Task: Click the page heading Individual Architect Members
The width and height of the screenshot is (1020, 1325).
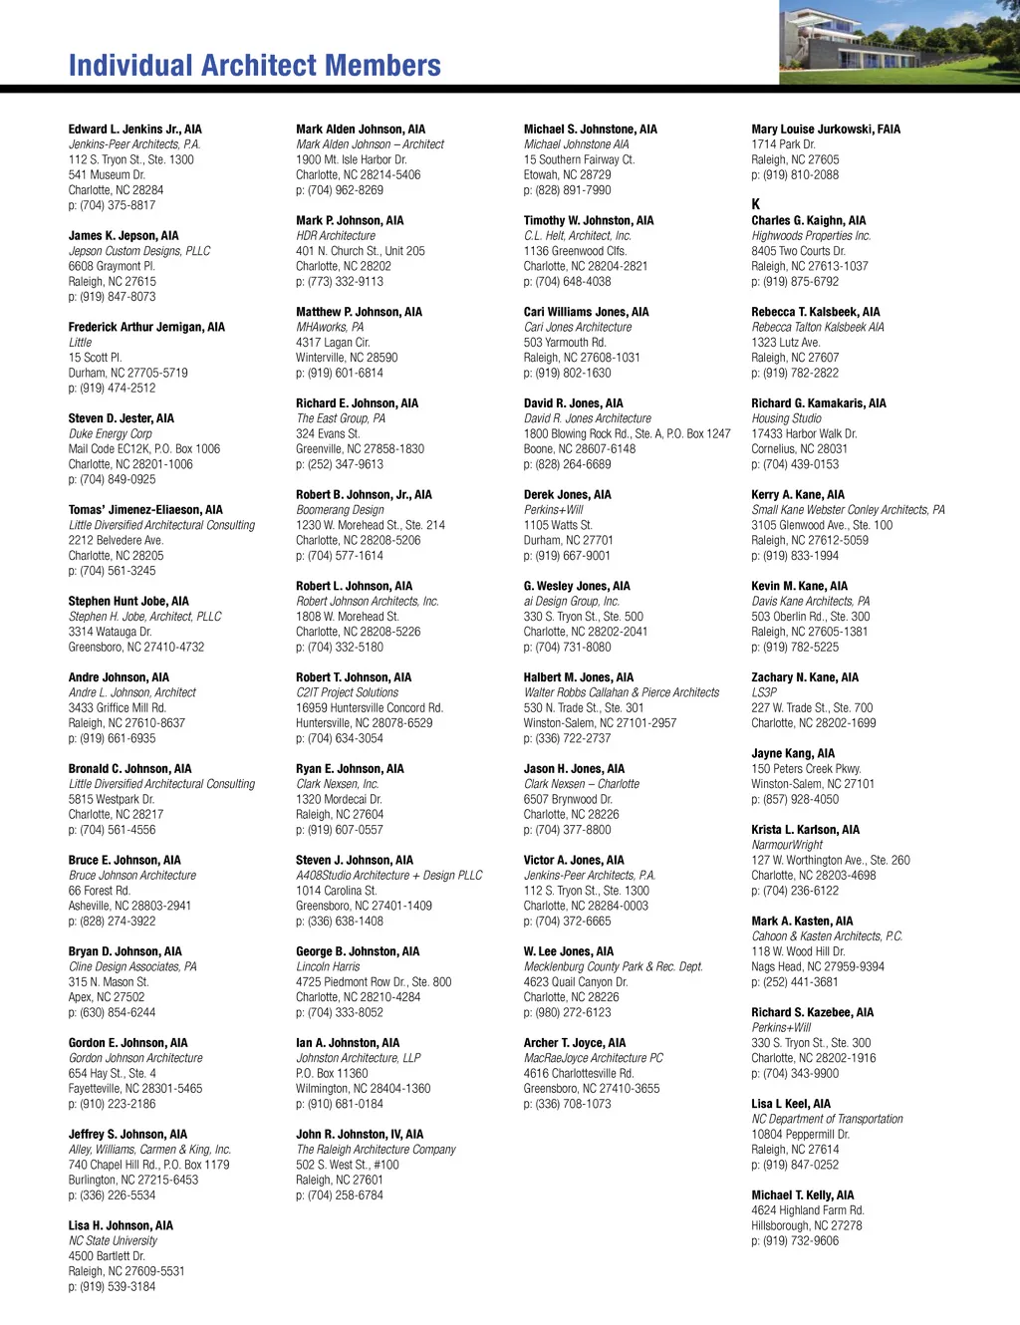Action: (254, 66)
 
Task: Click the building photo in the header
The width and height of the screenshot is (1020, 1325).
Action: (898, 42)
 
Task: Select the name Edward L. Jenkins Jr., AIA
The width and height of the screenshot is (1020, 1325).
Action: (134, 130)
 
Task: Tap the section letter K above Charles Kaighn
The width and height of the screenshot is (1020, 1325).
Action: (756, 204)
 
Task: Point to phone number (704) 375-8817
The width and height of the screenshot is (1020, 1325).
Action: (112, 205)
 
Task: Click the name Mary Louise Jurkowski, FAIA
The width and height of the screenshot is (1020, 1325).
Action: (825, 130)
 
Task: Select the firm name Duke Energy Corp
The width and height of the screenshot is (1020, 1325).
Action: (110, 434)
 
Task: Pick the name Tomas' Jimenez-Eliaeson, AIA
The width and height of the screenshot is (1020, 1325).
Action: (145, 510)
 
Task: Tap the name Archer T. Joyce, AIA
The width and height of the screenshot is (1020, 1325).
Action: (575, 1043)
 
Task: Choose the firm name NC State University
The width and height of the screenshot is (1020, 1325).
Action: (113, 1241)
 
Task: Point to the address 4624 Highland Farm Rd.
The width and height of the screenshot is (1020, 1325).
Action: (807, 1210)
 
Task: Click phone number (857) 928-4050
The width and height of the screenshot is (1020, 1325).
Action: (795, 799)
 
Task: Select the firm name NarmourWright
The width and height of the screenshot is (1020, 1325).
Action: (787, 845)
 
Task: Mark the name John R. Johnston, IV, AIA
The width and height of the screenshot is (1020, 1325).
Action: (359, 1135)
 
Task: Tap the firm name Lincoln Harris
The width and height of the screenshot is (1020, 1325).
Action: (328, 967)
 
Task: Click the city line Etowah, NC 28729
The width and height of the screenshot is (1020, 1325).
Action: (567, 175)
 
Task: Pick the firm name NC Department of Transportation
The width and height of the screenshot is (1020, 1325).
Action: (827, 1120)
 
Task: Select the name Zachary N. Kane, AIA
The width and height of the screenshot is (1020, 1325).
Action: (804, 677)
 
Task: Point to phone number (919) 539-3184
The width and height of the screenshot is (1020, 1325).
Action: (112, 1287)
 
